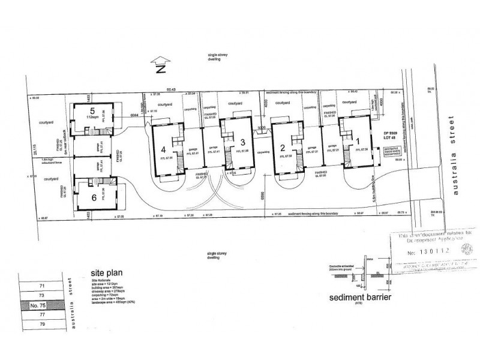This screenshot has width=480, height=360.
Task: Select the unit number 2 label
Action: click(283, 147)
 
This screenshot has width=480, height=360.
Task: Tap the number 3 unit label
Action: click(242, 142)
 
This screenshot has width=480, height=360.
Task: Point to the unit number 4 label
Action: click(163, 150)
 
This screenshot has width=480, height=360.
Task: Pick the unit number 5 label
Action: click(92, 111)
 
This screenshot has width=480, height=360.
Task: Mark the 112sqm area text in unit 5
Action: click(92, 118)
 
